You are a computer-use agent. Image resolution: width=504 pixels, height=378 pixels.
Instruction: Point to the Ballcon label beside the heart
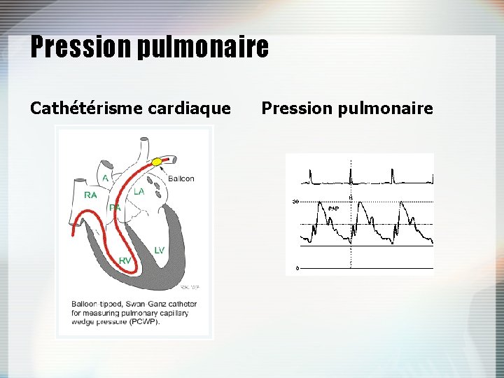click(181, 178)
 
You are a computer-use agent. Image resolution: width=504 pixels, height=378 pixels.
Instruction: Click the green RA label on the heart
click(90, 195)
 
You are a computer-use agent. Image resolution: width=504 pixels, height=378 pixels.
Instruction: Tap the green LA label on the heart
click(139, 191)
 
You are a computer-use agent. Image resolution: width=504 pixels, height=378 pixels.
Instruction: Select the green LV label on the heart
click(159, 250)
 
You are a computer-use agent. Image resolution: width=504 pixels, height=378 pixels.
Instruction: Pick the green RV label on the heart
click(125, 260)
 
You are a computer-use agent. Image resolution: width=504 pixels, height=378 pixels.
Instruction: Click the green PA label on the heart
click(115, 207)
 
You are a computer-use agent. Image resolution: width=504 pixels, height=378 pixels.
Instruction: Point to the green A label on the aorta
click(106, 178)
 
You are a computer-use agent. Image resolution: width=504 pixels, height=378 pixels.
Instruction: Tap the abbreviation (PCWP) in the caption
click(146, 322)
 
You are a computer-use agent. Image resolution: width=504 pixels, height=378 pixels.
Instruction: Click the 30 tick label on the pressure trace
click(295, 202)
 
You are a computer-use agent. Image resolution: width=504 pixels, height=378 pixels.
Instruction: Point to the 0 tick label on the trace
click(297, 268)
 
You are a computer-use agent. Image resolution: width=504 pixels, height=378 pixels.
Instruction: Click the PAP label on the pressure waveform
click(333, 209)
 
